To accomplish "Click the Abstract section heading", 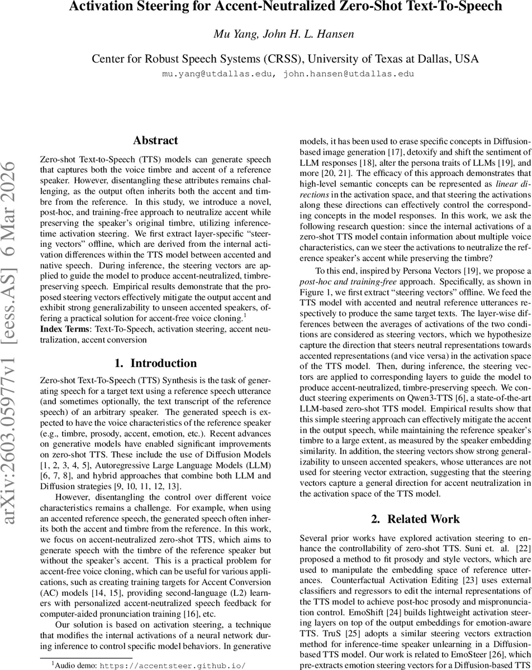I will point(155,141).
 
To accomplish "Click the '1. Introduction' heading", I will point(155,363).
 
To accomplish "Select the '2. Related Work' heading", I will point(415,519).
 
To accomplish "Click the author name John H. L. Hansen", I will point(305,34).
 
